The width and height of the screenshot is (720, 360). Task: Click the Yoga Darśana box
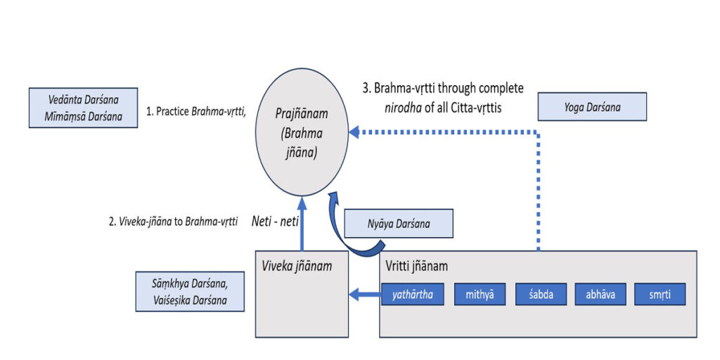(x=591, y=108)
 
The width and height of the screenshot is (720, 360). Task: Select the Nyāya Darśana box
(x=399, y=225)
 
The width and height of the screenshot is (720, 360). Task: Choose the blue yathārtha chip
(x=413, y=295)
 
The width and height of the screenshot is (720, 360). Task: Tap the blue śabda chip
(x=541, y=295)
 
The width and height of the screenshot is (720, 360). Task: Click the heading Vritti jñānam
(x=417, y=267)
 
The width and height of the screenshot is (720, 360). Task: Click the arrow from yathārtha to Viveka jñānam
(x=366, y=295)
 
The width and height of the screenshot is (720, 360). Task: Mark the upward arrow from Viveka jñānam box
(x=302, y=225)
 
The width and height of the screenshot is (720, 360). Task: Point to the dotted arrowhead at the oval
(x=355, y=131)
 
